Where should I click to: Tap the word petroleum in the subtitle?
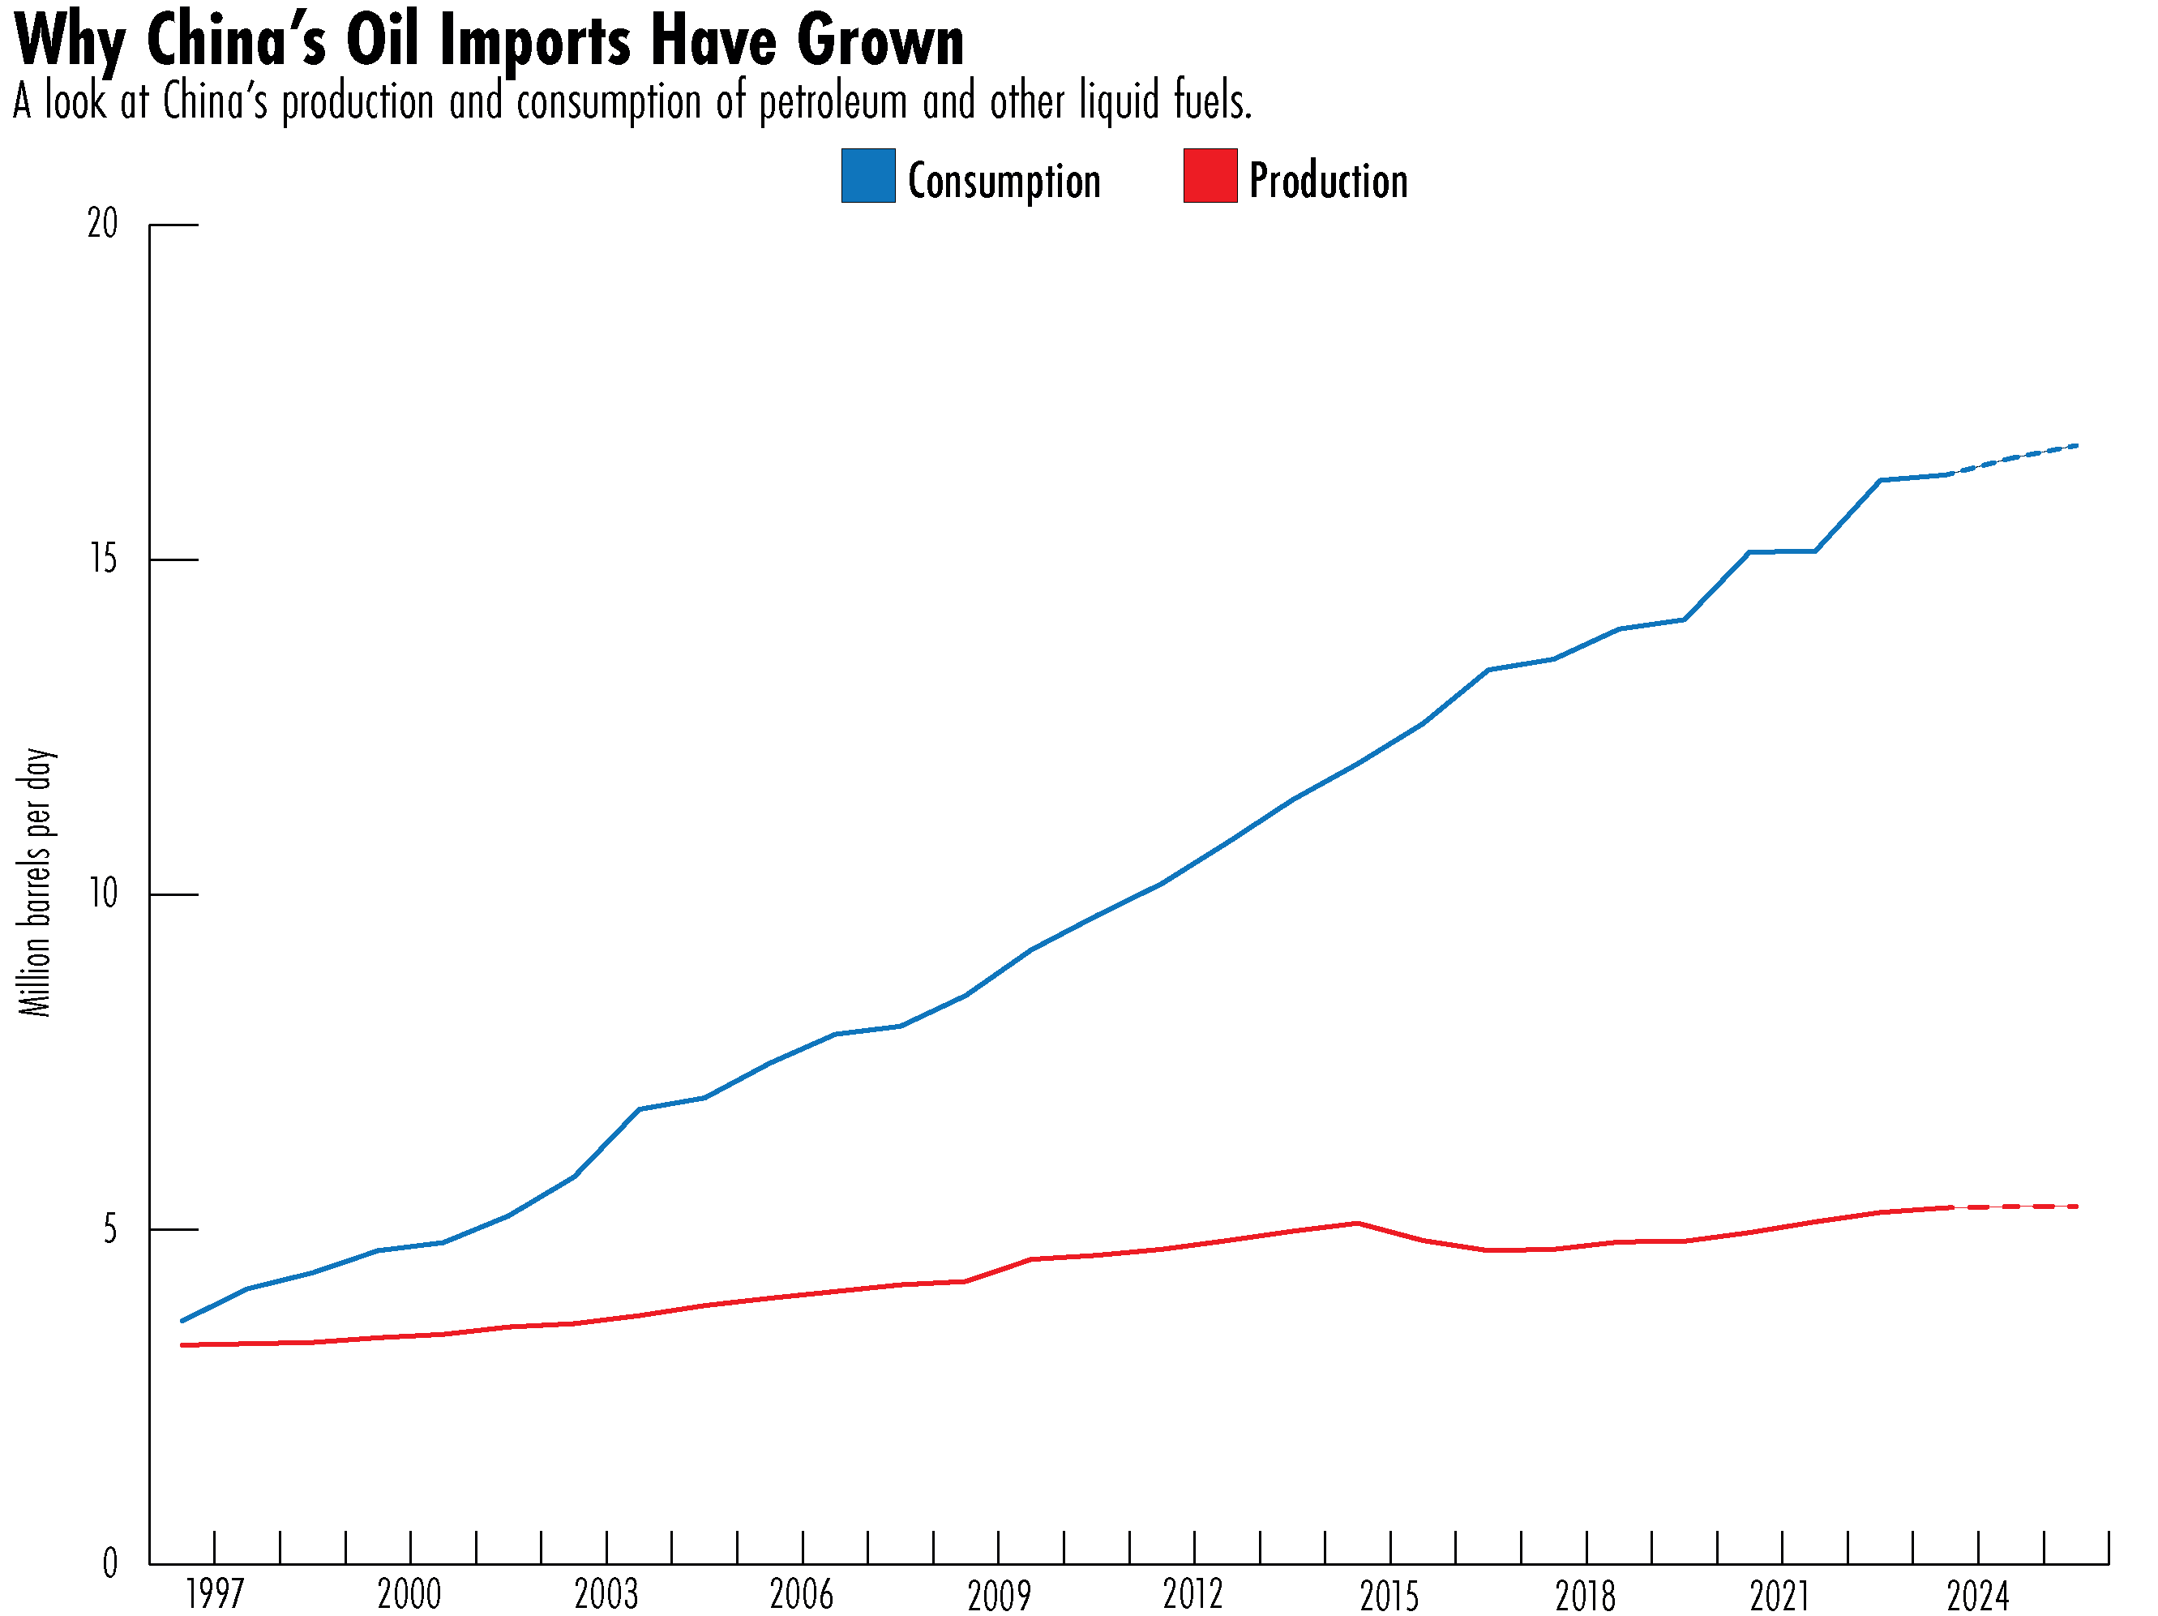[833, 102]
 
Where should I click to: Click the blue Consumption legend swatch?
[867, 176]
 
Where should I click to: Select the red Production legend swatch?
[1210, 176]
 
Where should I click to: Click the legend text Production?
[1328, 182]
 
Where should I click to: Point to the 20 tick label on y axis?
[101, 225]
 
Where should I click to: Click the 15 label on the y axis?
[101, 559]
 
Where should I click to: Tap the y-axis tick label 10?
[101, 894]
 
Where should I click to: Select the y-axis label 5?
[109, 1229]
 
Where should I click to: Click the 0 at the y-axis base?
[109, 1564]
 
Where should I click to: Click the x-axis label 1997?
[215, 1595]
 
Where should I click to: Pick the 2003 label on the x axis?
[606, 1595]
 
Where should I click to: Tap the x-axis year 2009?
[998, 1595]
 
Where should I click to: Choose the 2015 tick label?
[1389, 1595]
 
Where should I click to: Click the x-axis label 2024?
[1977, 1595]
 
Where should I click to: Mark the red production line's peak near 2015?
[1357, 1223]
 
